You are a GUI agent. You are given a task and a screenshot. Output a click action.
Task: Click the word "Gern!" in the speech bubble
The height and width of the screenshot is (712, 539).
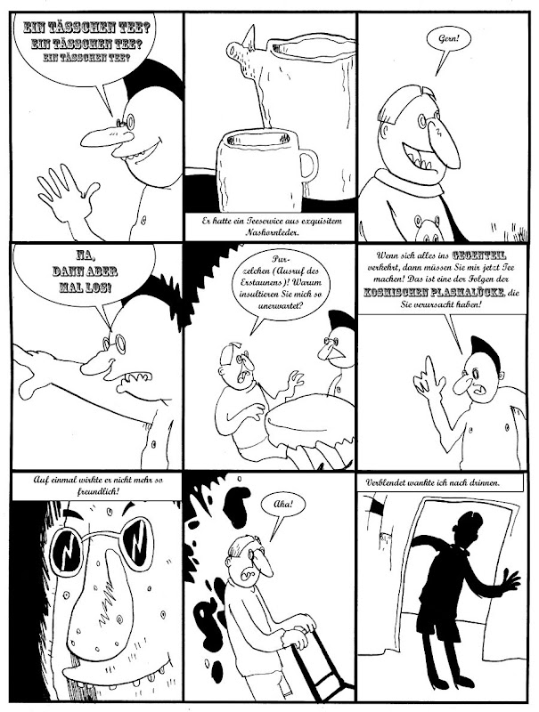(448, 39)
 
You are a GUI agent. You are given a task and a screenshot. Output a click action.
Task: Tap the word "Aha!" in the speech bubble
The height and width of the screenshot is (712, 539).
(283, 505)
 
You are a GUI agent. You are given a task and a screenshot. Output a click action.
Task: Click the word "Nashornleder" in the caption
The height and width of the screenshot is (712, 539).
(272, 232)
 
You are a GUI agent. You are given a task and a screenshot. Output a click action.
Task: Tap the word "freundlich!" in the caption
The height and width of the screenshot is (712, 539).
(96, 491)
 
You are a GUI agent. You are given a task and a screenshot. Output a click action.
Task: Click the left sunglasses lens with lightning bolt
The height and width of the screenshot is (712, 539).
(67, 546)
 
